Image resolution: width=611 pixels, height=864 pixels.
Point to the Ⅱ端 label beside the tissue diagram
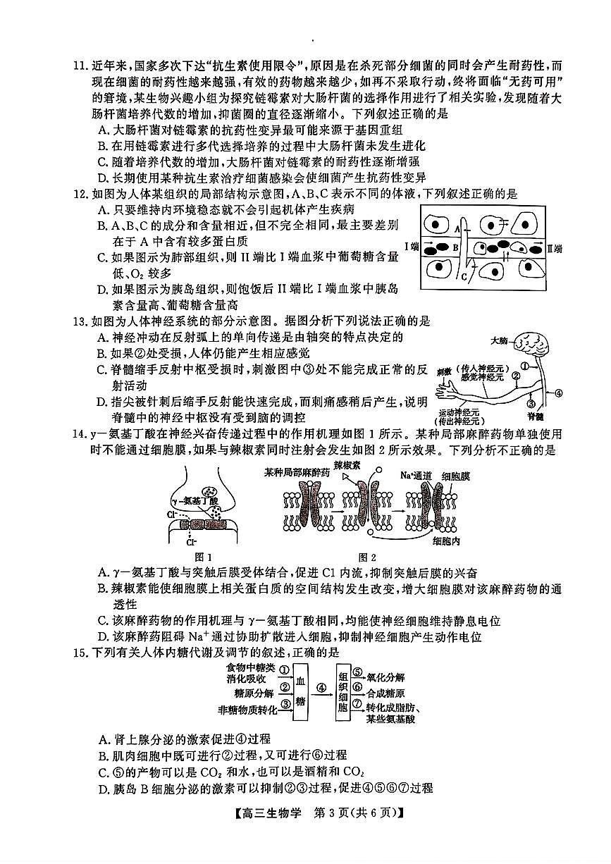click(x=555, y=247)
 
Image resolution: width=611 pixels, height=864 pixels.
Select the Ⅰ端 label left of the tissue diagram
click(x=411, y=247)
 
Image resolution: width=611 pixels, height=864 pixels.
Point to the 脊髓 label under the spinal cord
click(x=536, y=416)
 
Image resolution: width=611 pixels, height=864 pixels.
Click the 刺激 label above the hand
click(x=443, y=369)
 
